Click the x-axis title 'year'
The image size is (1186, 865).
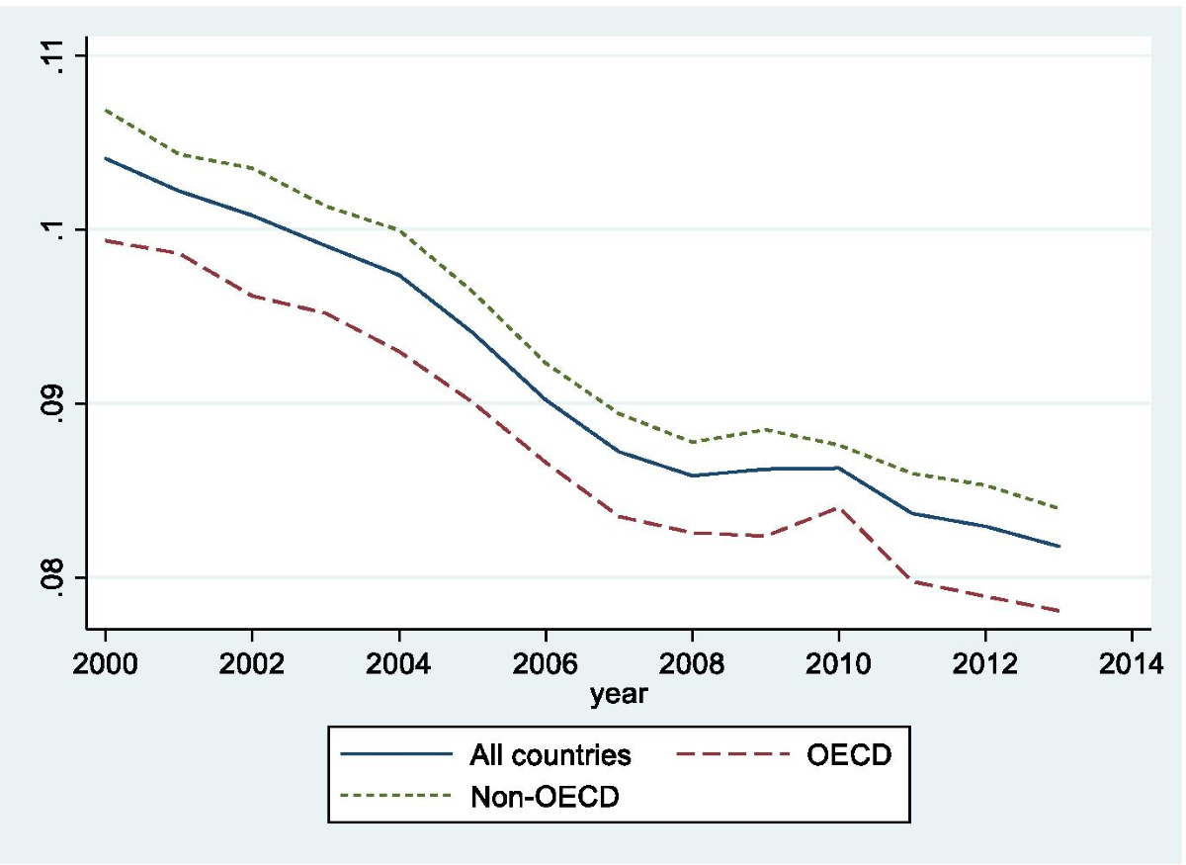[619, 694]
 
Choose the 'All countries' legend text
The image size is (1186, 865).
[549, 756]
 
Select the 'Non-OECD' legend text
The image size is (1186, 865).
[544, 798]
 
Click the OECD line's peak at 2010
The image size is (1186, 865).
[838, 507]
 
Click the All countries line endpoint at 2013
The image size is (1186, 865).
[1059, 546]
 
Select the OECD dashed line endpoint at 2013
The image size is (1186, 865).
[1059, 611]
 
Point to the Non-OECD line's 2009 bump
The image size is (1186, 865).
[765, 429]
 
